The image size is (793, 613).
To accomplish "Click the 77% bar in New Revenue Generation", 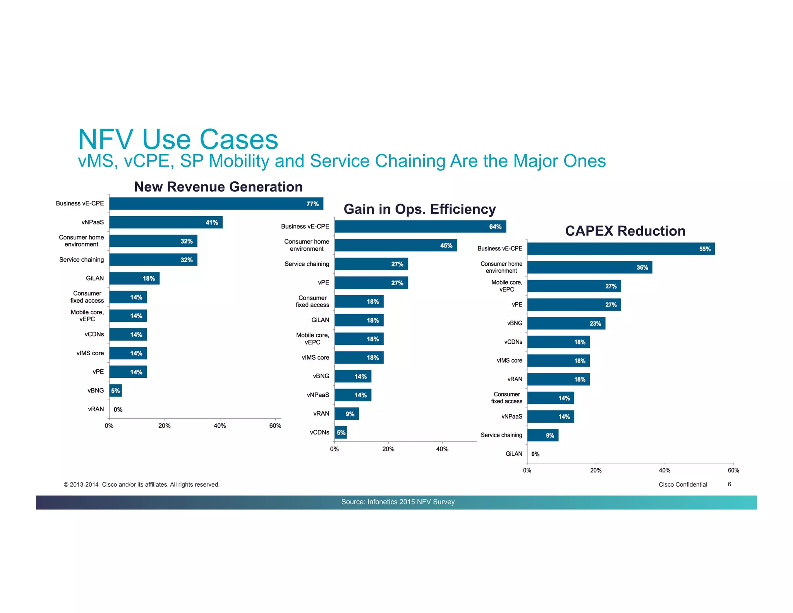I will point(216,203).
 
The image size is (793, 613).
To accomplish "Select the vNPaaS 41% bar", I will point(166,222).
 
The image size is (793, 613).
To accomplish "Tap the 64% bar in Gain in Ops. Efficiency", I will point(420,226).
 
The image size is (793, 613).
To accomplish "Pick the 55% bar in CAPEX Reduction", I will point(621,249).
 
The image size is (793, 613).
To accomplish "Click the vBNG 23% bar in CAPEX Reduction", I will point(566,323).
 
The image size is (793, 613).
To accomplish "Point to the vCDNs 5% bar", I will point(341,432).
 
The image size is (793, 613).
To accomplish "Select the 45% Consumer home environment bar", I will point(396,245).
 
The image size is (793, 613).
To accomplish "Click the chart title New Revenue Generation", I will point(218,187).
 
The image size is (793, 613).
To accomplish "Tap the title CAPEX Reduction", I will point(625,231).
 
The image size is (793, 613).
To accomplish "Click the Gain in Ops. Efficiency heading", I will point(420,209).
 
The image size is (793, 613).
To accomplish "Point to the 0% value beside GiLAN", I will point(535,454).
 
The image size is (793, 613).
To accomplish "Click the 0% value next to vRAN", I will point(118,409).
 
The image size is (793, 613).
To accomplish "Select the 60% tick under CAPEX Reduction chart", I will point(733,470).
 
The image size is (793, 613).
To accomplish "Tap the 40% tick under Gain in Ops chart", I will point(442,449).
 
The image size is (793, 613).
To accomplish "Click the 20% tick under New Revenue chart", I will point(165,425).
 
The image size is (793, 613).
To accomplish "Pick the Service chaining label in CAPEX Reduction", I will point(501,435).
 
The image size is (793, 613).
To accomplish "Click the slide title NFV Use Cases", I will point(178,139).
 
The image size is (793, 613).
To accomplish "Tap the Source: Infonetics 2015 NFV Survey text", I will point(398,502).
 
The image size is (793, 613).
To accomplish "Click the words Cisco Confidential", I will point(683,484).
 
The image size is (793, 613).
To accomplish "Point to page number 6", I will point(729,484).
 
